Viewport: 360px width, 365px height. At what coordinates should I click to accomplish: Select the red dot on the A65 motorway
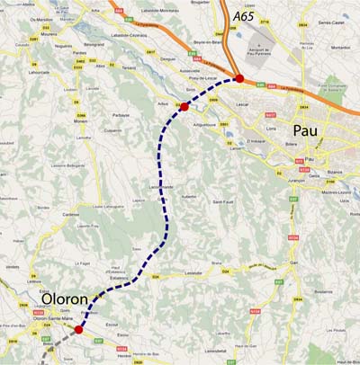point(239,79)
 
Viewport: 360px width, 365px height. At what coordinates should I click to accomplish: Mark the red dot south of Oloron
point(78,330)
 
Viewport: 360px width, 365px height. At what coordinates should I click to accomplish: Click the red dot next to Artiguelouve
point(184,106)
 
